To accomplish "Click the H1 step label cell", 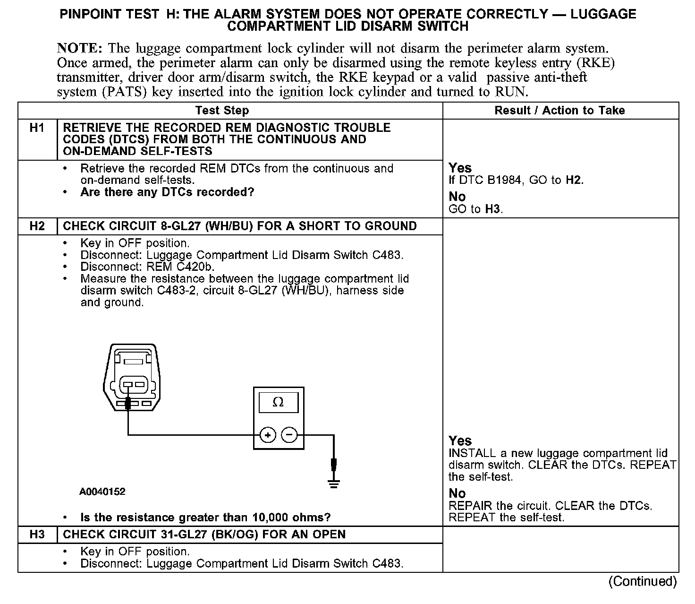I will click(37, 128).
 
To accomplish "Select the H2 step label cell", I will click(37, 226).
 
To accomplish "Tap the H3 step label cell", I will click(37, 535).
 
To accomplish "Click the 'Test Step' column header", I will click(222, 111).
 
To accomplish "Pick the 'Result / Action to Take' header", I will click(559, 111).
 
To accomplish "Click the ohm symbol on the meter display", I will click(279, 402).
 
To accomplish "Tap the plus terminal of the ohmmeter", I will click(268, 435).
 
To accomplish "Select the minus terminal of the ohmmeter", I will click(289, 435).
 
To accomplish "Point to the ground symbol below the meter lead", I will click(334, 483).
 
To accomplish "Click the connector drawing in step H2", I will click(132, 379).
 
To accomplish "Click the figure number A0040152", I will click(102, 492).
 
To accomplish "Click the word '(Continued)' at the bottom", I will click(643, 581).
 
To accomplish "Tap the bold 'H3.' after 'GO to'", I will click(494, 209).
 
